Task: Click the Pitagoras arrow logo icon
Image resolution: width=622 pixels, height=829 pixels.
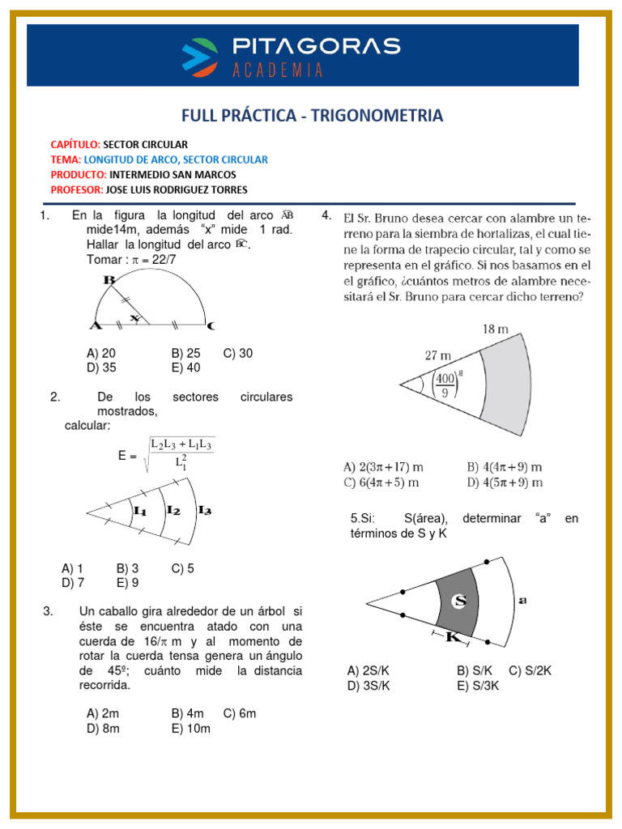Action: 201,54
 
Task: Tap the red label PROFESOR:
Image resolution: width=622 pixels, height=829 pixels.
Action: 76,189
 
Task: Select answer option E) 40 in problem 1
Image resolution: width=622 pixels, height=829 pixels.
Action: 185,368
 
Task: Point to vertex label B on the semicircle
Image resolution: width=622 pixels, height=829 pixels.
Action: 109,280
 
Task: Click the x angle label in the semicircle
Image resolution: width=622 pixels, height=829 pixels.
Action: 134,317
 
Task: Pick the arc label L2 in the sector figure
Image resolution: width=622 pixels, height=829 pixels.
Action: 173,510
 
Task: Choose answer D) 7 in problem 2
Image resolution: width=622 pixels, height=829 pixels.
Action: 73,582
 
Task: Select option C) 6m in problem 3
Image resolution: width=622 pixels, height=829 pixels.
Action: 240,713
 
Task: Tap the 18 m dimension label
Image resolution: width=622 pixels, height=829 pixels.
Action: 495,329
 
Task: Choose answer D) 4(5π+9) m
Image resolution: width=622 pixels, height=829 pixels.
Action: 505,483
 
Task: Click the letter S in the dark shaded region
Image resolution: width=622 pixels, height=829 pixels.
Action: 459,600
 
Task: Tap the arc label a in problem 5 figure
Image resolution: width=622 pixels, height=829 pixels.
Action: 522,600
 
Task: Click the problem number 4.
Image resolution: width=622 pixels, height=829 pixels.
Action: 326,215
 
